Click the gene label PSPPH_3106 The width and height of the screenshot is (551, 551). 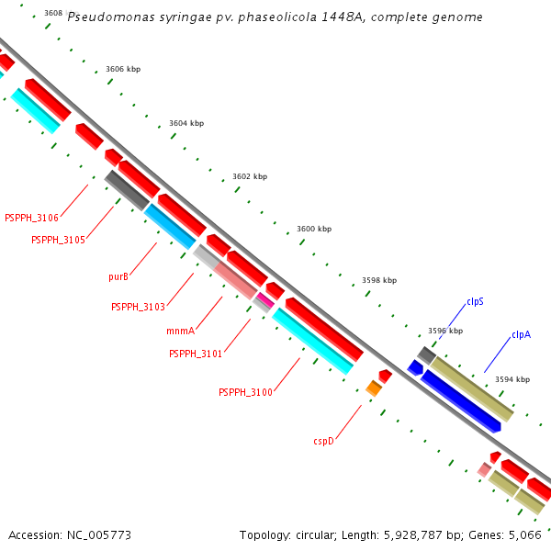point(31,218)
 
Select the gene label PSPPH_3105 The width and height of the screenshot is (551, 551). point(59,240)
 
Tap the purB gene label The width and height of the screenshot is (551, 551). point(118,277)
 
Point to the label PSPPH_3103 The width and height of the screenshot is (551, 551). point(138,307)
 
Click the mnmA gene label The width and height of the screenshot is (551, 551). point(181,331)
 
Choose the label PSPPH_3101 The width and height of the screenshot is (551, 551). point(196,354)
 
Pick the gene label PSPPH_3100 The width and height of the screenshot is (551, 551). point(245,392)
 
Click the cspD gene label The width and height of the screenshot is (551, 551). point(323,441)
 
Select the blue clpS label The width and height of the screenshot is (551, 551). point(475,302)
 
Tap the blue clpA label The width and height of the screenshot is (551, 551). point(521,334)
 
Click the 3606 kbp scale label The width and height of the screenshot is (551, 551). point(123,69)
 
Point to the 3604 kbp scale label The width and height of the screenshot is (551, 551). point(186,123)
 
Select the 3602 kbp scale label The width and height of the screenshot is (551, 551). point(250,176)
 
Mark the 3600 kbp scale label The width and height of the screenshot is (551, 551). point(314,229)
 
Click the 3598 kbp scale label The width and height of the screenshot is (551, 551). point(379,280)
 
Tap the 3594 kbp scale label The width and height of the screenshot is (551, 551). point(512,379)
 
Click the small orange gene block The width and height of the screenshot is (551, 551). point(374,388)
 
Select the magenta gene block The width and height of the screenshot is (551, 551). point(265,300)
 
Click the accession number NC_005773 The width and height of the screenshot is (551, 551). point(99,535)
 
